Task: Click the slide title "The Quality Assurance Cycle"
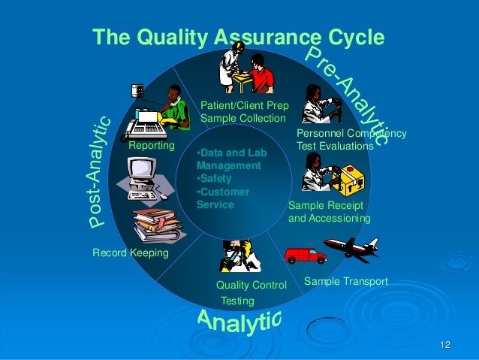click(x=237, y=38)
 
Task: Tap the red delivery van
click(x=306, y=256)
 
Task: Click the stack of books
click(x=157, y=224)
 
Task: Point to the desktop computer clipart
click(x=143, y=178)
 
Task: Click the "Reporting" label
click(x=151, y=145)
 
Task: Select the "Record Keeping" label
click(x=130, y=253)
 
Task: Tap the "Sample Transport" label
click(x=345, y=281)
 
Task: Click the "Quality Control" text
click(x=252, y=286)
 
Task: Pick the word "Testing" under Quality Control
click(x=237, y=301)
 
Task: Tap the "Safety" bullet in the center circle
click(x=215, y=179)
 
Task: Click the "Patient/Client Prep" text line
click(x=244, y=105)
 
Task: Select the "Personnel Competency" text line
click(x=351, y=134)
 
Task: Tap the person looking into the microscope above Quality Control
click(x=239, y=256)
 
